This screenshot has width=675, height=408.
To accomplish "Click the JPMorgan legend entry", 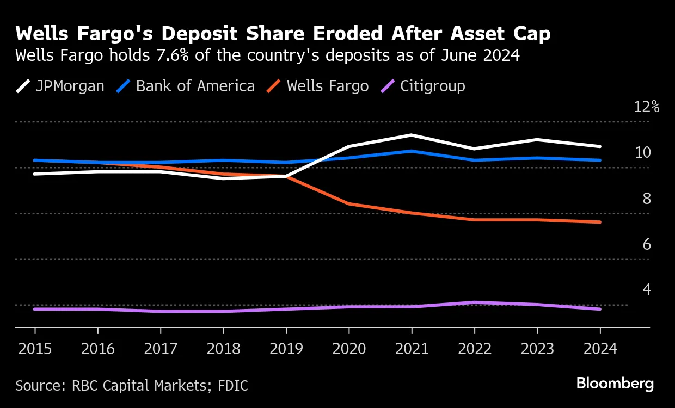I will [60, 86].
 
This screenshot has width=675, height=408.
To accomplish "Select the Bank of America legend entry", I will [186, 86].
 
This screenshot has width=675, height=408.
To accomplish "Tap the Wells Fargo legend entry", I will [318, 86].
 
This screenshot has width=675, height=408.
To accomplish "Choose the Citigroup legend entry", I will [424, 86].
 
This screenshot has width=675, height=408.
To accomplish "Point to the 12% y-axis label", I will [647, 107].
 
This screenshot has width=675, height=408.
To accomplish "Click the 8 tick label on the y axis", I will [647, 199].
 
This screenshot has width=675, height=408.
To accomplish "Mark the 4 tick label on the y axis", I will [647, 289].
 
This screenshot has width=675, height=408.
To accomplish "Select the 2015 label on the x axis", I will [35, 349].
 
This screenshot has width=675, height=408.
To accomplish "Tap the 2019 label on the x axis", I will [286, 349].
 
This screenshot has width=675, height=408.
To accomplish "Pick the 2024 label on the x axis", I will [600, 349].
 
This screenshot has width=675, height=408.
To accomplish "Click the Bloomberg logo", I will [615, 384].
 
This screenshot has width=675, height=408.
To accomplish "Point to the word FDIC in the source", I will [233, 386].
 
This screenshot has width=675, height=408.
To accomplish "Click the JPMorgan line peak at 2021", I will [412, 135].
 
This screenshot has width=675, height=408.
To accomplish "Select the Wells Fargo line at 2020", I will [349, 204].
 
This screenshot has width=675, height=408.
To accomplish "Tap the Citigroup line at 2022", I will [475, 302].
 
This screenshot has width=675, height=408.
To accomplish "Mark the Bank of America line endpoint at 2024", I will [600, 160].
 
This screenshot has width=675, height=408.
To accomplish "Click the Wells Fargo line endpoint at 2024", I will [600, 222].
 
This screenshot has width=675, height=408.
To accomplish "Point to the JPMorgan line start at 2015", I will [35, 174].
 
